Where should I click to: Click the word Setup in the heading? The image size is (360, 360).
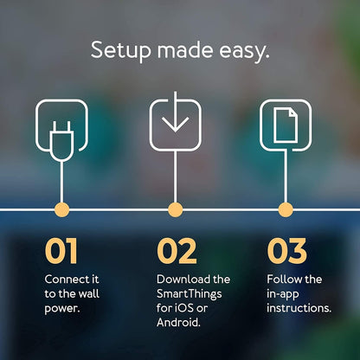point(120,50)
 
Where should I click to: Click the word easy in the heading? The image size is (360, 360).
point(246,50)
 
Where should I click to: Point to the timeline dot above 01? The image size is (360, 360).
point(61,209)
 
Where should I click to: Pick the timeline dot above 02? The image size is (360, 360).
point(175,209)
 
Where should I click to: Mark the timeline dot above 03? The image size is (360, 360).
point(286,209)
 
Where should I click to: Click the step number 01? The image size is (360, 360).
point(61,252)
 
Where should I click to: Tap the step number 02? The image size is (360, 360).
point(177,252)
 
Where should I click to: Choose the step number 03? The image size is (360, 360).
point(286,252)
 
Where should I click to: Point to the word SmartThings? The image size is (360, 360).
point(190,293)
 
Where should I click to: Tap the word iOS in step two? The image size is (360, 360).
point(182,308)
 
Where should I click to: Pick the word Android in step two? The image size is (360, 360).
point(178,323)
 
